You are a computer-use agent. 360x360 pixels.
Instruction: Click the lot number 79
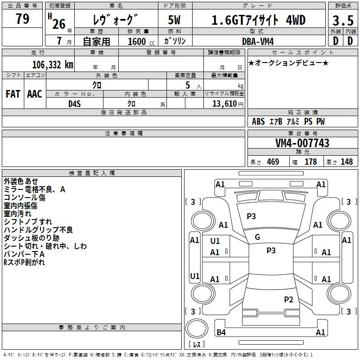point(22,18)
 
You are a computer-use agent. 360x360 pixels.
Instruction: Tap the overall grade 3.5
point(343,20)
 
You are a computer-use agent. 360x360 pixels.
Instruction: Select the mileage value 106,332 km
point(53,64)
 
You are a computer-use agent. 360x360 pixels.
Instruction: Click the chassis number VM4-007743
point(302,143)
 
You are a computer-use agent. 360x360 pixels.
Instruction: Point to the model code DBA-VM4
point(258,41)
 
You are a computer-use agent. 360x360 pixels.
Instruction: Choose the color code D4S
point(75,104)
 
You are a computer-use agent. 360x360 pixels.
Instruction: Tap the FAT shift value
point(13,94)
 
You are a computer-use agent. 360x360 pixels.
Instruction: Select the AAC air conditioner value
point(35,94)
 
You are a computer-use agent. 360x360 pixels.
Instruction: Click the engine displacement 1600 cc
point(141,41)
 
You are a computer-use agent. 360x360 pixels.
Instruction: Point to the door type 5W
point(174,20)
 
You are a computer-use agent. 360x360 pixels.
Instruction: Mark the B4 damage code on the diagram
point(221,332)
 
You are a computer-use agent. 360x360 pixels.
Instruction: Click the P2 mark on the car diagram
point(288,299)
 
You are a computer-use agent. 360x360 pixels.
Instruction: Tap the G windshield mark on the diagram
point(257,237)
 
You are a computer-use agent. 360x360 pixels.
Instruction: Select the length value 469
point(273,162)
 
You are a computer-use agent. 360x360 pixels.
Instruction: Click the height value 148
point(346,162)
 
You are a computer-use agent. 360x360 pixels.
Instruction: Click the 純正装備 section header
point(302,112)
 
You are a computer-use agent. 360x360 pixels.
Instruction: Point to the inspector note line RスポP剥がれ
point(24,262)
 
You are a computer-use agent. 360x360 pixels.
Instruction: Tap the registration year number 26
point(59,24)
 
